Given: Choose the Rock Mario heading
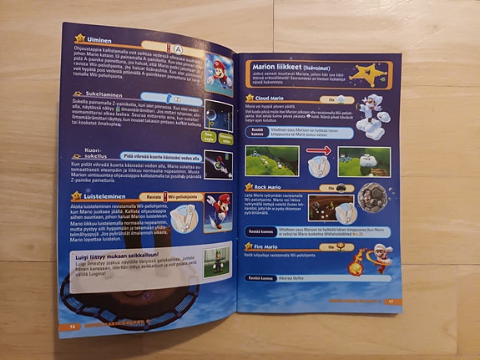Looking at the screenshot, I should click(265, 187).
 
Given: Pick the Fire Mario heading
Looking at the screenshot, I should click(264, 246).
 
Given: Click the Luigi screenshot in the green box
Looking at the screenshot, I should click(215, 261).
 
